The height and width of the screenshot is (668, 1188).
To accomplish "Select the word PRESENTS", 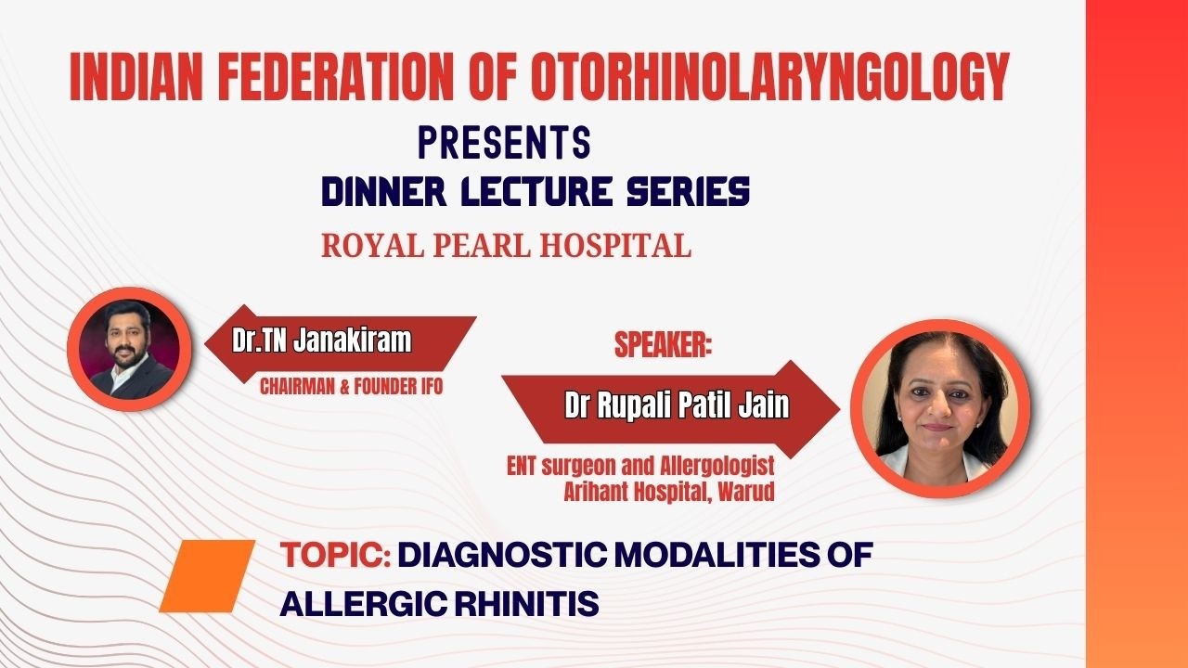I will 504,144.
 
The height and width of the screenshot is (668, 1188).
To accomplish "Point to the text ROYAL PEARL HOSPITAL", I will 506,246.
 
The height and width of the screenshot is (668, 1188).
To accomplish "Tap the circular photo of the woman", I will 939,409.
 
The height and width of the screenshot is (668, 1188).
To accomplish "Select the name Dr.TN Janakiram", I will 321,340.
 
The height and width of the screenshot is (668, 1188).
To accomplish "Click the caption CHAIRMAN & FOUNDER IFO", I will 351,387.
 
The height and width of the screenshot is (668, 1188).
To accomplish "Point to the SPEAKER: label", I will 663,345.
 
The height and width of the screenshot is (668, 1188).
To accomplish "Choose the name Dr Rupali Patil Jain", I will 677,406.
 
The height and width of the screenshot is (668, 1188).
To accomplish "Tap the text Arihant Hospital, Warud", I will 668,492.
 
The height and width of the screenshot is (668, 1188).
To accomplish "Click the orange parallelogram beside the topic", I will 207,576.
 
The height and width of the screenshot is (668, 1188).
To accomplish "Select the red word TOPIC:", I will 335,556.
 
